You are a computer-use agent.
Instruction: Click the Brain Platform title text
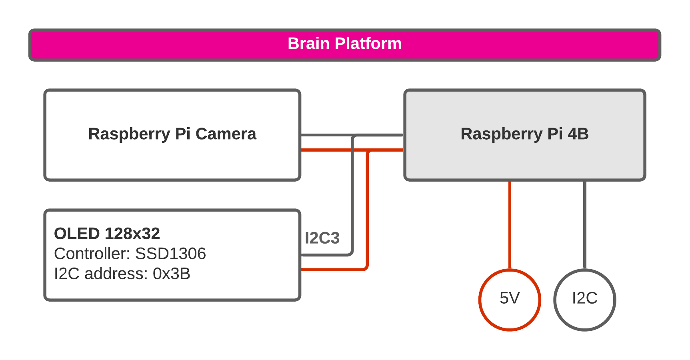344,44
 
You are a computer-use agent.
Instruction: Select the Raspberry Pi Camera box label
172,134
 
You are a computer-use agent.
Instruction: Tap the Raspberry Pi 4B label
524,134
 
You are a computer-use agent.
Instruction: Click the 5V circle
510,300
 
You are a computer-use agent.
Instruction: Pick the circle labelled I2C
584,300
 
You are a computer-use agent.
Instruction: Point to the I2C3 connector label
322,238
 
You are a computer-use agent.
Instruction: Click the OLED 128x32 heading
107,234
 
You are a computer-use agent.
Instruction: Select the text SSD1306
170,254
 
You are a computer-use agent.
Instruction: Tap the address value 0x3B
171,274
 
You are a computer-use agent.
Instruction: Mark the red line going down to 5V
510,224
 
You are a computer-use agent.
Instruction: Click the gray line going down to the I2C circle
584,224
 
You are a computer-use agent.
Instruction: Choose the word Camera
226,134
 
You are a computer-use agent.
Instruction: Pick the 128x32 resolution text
132,234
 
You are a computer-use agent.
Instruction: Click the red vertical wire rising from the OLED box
367,208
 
